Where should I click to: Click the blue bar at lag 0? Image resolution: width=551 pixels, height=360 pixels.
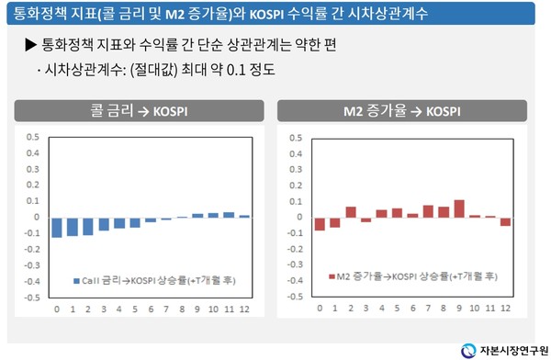tap(57, 227)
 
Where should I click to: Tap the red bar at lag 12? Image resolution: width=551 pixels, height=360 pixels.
tap(505, 221)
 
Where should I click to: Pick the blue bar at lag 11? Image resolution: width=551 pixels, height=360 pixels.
tap(229, 215)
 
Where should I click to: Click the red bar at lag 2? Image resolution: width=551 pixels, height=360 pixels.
tap(351, 212)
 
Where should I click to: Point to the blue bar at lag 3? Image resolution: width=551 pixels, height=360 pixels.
tap(104, 223)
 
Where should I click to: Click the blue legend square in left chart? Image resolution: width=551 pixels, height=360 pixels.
tap(74, 276)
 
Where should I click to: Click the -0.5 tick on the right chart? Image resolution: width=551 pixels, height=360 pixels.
tap(295, 298)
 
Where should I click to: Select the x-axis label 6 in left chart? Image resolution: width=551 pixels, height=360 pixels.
tap(151, 309)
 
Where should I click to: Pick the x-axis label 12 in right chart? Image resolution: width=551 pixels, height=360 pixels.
tap(506, 309)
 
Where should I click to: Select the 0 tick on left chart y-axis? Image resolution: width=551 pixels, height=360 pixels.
tap(35, 218)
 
